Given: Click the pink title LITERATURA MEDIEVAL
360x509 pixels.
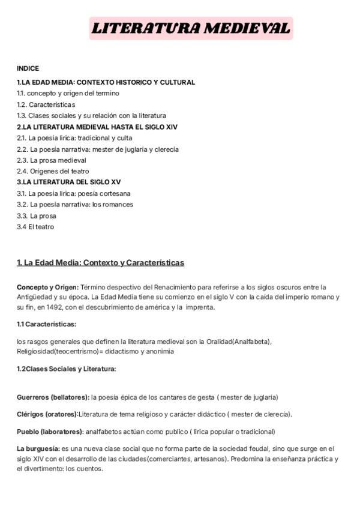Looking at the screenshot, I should pyautogui.click(x=191, y=28).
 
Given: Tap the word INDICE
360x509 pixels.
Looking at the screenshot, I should pyautogui.click(x=28, y=68).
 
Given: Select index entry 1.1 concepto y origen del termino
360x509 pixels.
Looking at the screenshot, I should pyautogui.click(x=68, y=93).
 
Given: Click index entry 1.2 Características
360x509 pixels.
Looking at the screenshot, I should pyautogui.click(x=46, y=104).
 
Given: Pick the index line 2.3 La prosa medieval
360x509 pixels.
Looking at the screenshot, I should pyautogui.click(x=52, y=160).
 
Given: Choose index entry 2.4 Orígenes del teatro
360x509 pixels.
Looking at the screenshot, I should pyautogui.click(x=53, y=171).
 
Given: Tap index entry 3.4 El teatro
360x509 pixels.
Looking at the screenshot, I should pyautogui.click(x=35, y=227).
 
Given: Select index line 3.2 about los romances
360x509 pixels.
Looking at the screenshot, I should pyautogui.click(x=75, y=204).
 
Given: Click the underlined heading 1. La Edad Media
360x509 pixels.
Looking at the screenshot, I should pyautogui.click(x=100, y=263).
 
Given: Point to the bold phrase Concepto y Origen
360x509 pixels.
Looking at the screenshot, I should pyautogui.click(x=47, y=287).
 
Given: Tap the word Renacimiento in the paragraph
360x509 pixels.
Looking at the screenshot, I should pyautogui.click(x=169, y=287).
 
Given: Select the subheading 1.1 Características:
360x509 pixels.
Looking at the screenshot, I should pyautogui.click(x=46, y=324).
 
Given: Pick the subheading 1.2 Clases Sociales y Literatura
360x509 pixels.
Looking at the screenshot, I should pyautogui.click(x=66, y=369).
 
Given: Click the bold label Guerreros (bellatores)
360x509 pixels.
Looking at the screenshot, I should pyautogui.click(x=53, y=397).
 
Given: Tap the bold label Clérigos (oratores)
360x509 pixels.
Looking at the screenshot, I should pyautogui.click(x=47, y=414).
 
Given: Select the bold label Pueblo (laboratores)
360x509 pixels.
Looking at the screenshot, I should pyautogui.click(x=50, y=431).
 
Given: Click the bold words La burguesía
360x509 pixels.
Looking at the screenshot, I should pyautogui.click(x=38, y=448).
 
